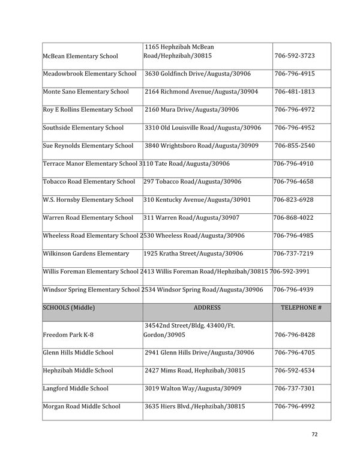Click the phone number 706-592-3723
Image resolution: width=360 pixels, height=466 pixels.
click(x=295, y=56)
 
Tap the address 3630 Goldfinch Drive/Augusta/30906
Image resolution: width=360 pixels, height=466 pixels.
click(x=198, y=74)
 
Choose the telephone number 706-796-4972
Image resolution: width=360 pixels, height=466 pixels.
click(x=295, y=110)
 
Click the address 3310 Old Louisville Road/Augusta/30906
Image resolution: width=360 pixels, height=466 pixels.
click(x=203, y=128)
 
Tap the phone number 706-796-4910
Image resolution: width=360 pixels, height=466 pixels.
click(x=295, y=164)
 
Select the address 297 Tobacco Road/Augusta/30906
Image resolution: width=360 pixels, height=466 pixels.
click(x=193, y=182)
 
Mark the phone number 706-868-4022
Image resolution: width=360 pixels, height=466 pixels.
click(x=295, y=217)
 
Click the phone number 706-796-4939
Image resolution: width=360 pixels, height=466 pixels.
click(x=295, y=289)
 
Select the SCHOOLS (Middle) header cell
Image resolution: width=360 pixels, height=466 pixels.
click(x=71, y=307)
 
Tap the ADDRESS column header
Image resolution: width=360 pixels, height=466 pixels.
click(x=208, y=307)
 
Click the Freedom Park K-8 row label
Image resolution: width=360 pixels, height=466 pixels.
click(x=70, y=334)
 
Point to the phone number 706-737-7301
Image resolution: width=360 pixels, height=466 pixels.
click(x=295, y=389)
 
